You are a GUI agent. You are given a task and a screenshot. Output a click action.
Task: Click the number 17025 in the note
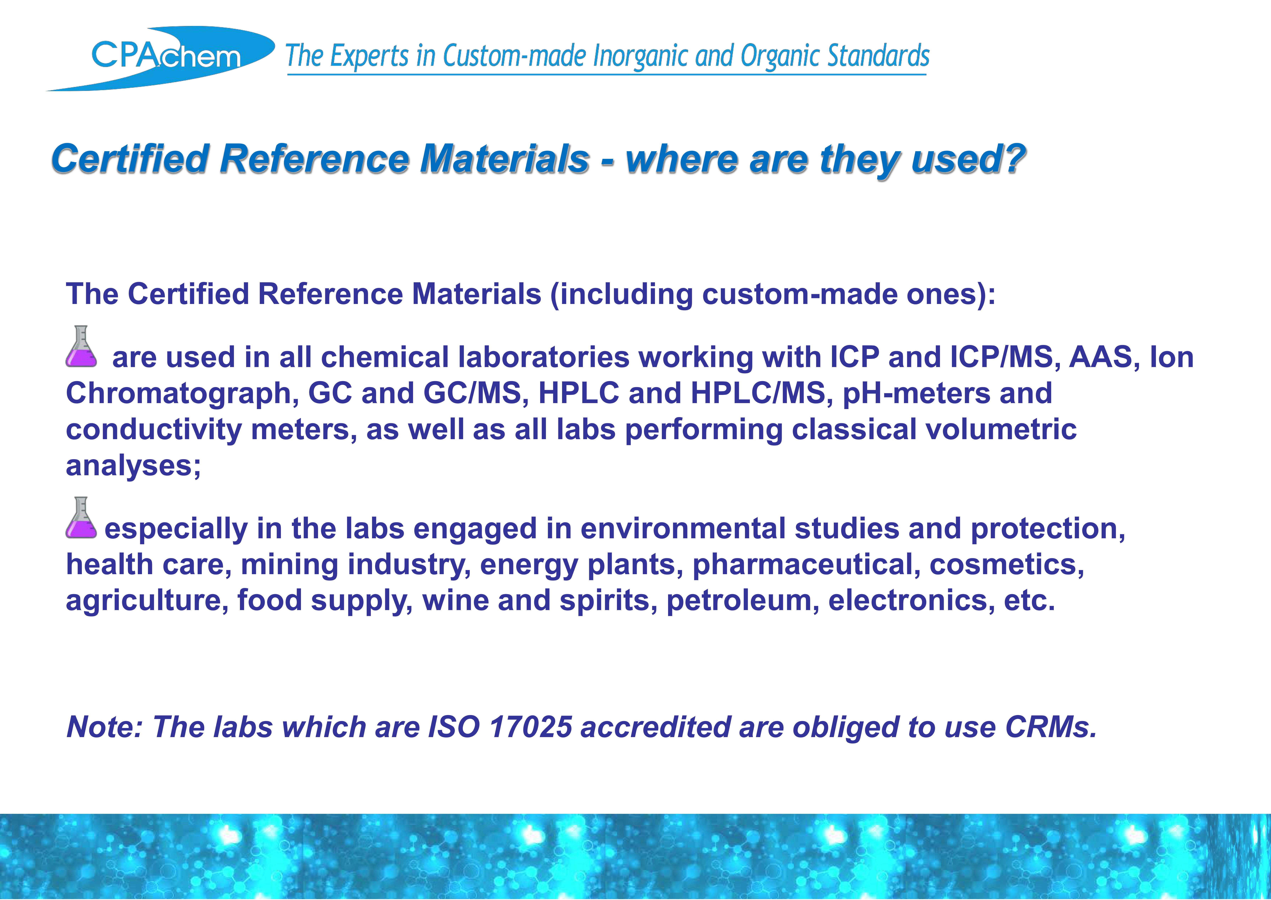[531, 727]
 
